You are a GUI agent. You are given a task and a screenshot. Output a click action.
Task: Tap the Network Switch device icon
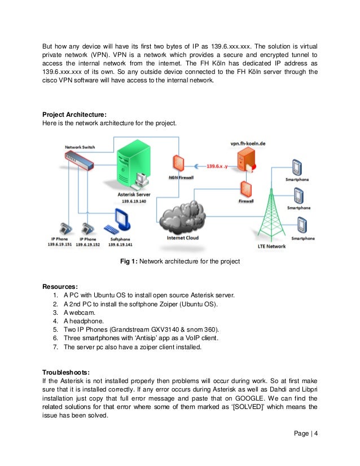pos(78,161)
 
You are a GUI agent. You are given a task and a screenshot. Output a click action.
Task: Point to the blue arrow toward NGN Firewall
pos(198,166)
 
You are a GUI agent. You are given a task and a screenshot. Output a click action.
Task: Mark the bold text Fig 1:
pos(129,261)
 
